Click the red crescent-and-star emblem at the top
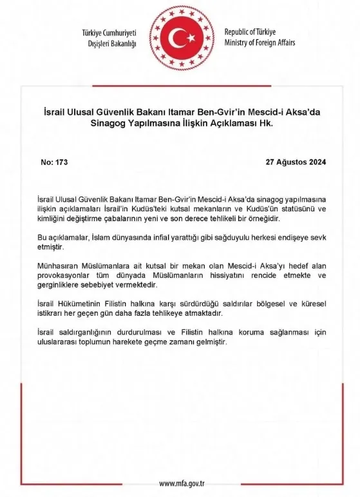pyautogui.click(x=180, y=41)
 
